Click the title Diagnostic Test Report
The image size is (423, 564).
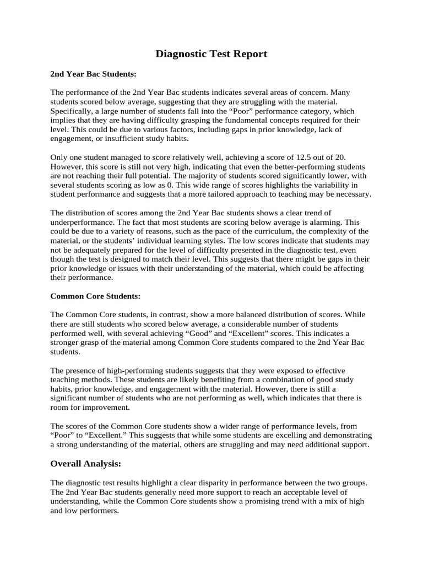[x=211, y=54]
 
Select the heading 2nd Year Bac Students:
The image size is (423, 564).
[x=93, y=73]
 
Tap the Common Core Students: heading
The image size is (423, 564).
[x=95, y=296]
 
